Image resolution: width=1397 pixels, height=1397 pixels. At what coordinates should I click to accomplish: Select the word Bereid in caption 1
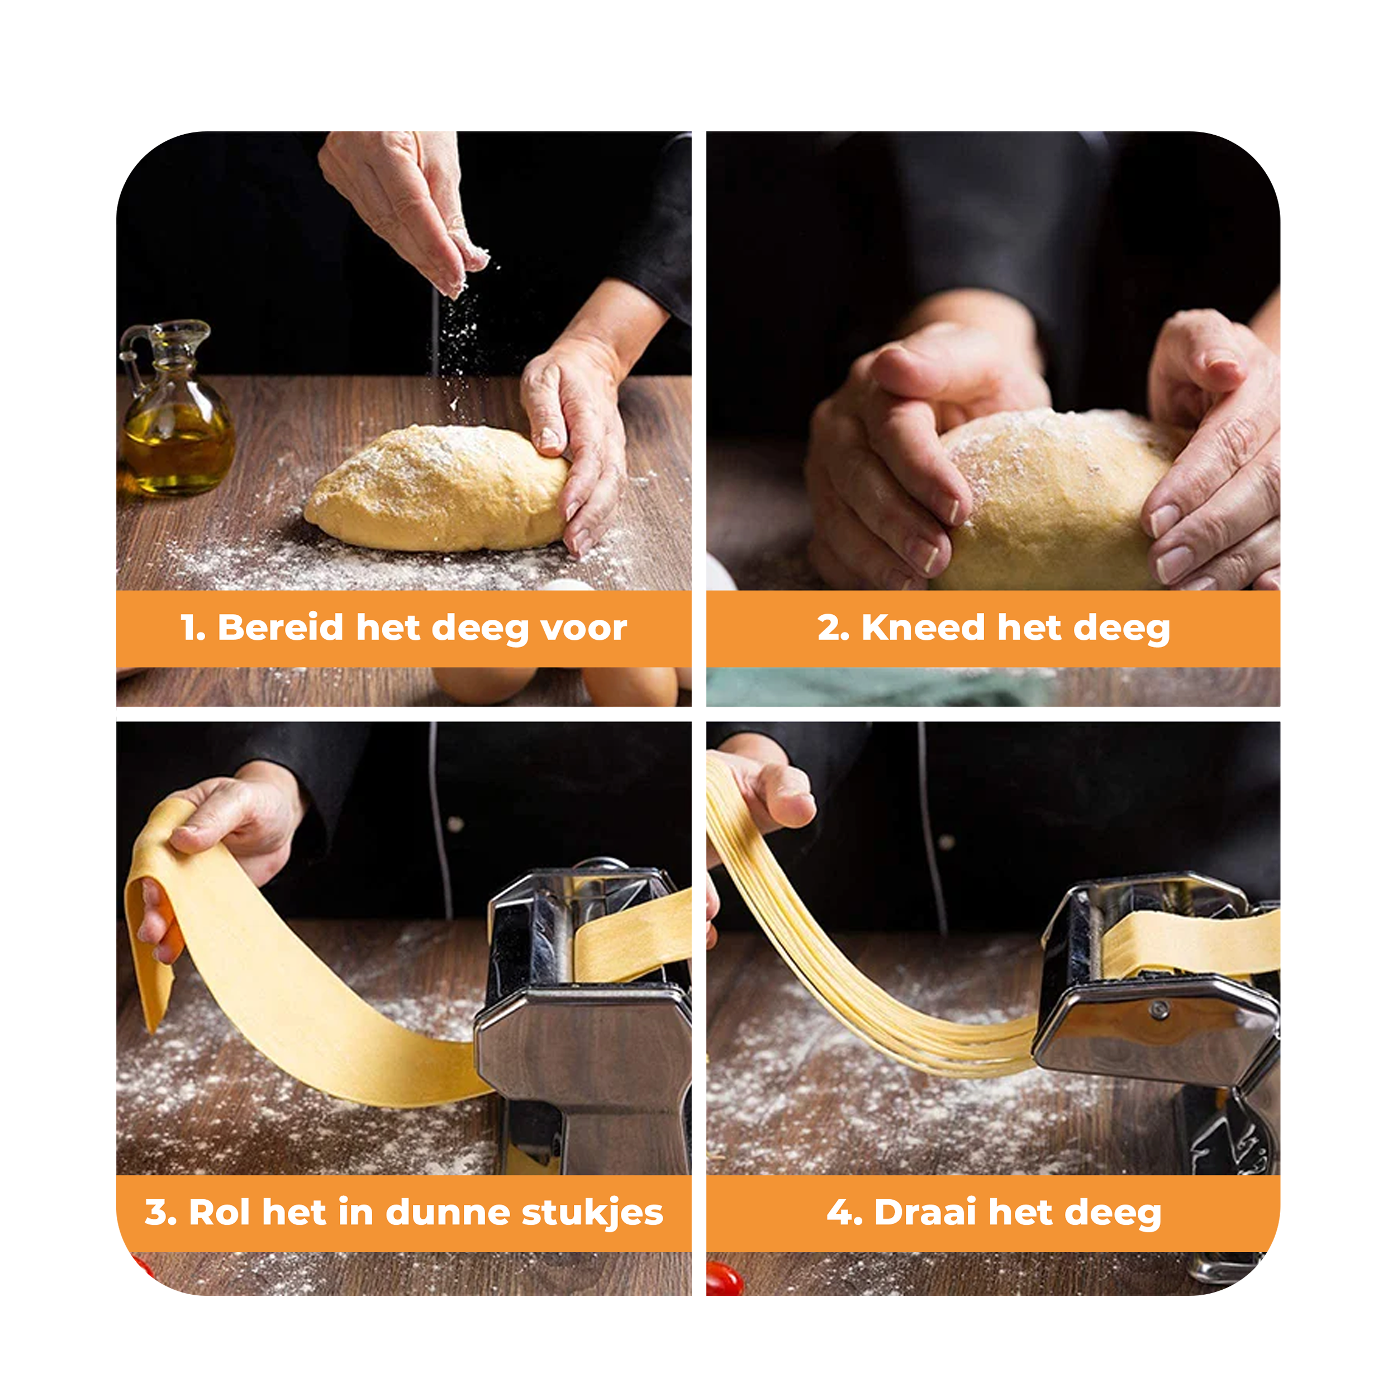pyautogui.click(x=281, y=627)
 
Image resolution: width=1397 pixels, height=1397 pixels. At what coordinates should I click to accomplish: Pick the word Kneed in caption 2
pyautogui.click(x=923, y=627)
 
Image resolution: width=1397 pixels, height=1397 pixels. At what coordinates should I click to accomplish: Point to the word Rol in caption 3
pyautogui.click(x=220, y=1212)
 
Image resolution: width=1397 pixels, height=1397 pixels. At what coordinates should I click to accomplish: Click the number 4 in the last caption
pyautogui.click(x=839, y=1213)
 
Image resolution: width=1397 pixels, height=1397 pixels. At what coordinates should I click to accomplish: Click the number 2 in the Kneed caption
pyautogui.click(x=829, y=628)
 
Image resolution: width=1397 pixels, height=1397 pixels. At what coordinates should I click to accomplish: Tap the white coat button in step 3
pyautogui.click(x=455, y=824)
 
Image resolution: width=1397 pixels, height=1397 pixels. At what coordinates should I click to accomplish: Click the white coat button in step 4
pyautogui.click(x=946, y=841)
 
